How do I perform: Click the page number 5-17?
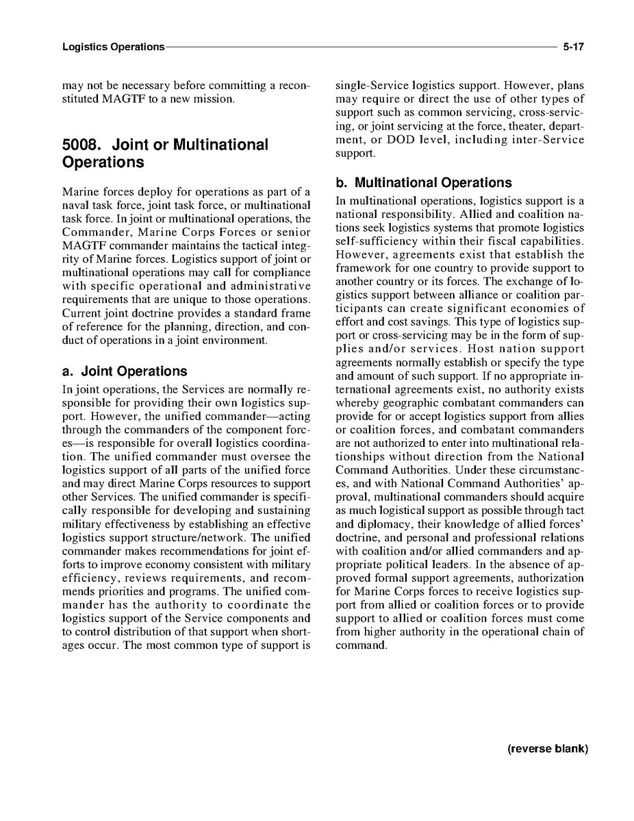[573, 47]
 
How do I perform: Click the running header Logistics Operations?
[113, 47]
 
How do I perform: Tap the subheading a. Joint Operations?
[124, 371]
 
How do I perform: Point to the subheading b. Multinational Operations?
[424, 183]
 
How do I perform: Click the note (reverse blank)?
[548, 748]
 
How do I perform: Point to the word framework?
[363, 269]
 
